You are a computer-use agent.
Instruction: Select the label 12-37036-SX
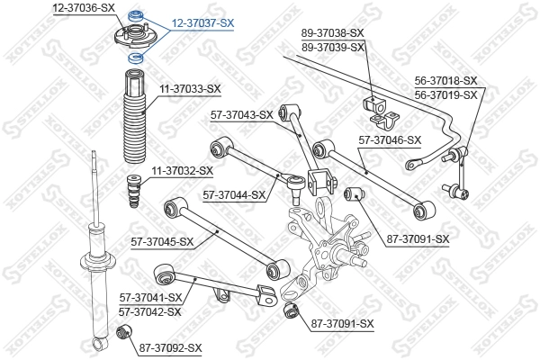pos(84,7)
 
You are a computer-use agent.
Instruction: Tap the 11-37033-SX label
pos(190,88)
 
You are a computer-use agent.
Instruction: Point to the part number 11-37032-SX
pos(182,170)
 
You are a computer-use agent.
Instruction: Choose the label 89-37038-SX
pos(333,33)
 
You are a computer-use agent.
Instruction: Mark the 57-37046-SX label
pos(390,139)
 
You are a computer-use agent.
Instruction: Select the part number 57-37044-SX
pos(234,193)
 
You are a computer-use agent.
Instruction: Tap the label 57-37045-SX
pos(163,241)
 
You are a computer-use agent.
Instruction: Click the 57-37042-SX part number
pos(150,311)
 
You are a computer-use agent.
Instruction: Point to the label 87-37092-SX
pos(171,347)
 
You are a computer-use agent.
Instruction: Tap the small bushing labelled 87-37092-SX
pos(124,335)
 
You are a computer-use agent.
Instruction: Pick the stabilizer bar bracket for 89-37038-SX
pos(378,106)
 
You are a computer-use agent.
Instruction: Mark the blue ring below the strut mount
pos(138,58)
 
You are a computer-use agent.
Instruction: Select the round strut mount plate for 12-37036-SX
pos(137,38)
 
